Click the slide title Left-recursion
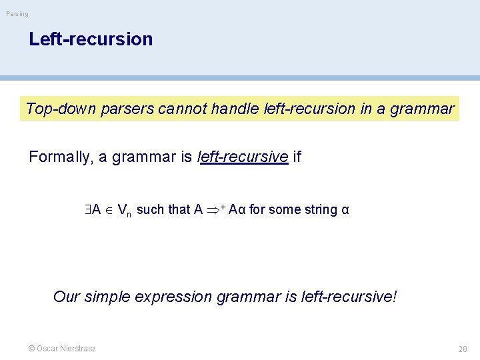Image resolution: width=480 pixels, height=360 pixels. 91,39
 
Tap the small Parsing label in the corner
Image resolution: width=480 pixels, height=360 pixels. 17,14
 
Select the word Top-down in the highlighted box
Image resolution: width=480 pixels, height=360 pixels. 61,109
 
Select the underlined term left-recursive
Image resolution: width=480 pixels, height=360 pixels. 244,157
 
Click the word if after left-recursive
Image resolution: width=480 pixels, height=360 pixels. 297,157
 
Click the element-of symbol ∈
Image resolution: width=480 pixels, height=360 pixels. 109,210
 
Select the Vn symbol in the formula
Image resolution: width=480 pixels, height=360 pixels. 124,211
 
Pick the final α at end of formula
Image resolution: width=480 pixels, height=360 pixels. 345,210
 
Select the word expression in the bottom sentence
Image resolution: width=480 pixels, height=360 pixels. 174,296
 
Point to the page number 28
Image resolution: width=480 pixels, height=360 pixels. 462,349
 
